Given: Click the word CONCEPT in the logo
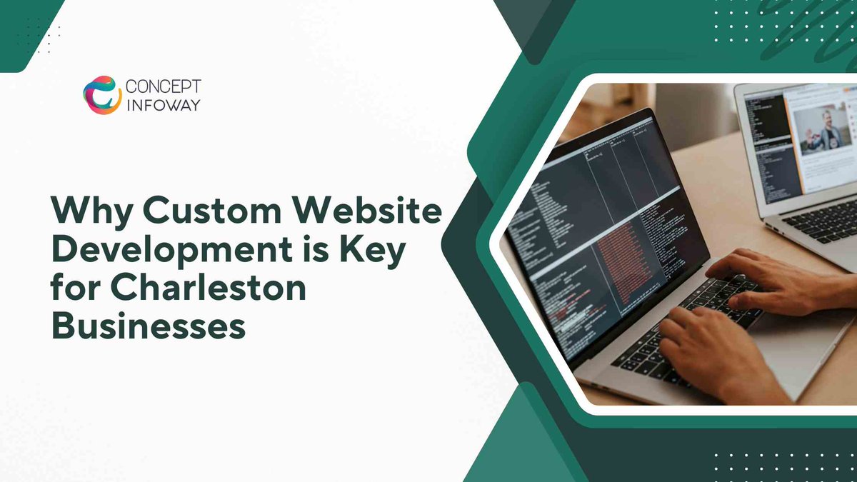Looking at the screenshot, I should pyautogui.click(x=163, y=86).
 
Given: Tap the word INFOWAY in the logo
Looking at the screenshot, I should pyautogui.click(x=163, y=106).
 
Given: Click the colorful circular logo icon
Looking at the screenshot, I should pyautogui.click(x=101, y=95).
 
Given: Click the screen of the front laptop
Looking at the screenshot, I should pyautogui.click(x=607, y=229).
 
